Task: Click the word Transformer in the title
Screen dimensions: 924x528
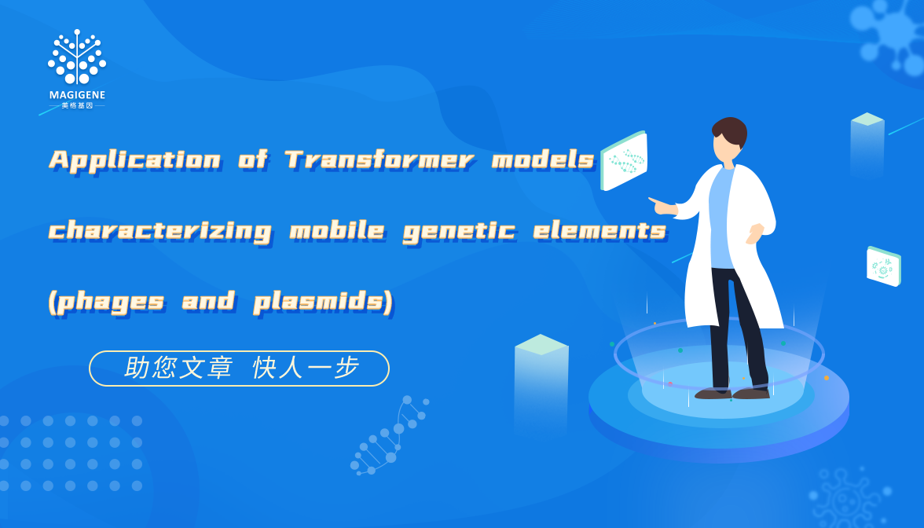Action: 379,159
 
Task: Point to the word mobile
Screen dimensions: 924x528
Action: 337,230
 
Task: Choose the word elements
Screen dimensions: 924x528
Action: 599,230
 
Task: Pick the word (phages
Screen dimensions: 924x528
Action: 106,302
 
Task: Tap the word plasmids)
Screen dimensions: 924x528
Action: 323,302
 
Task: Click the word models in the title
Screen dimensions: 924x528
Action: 543,159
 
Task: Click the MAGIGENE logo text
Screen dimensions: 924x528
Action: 77,95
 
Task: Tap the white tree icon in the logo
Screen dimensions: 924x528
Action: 77,57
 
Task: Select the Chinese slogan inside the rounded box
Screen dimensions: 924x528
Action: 242,368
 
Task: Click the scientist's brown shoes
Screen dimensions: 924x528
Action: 732,393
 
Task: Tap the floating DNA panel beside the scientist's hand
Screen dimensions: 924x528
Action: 624,160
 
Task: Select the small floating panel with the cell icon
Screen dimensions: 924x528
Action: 883,266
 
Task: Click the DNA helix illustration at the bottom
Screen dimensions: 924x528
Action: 390,435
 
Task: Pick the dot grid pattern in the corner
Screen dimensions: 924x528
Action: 71,453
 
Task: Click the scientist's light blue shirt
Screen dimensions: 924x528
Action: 721,218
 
